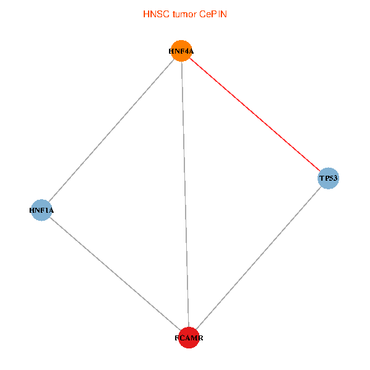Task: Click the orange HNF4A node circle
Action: pos(181,51)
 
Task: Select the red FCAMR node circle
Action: pos(189,337)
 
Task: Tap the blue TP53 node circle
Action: pos(328,179)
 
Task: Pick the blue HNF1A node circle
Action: pos(41,210)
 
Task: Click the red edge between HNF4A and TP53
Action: pos(255,115)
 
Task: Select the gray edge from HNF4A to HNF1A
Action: pos(111,130)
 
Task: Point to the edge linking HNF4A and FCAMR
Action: pos(185,194)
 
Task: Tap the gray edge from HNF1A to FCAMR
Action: pos(115,274)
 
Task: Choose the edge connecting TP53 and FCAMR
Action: pos(258,258)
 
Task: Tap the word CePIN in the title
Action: pos(213,14)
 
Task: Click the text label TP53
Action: pos(328,179)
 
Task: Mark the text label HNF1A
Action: pos(41,211)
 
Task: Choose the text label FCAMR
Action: pos(189,339)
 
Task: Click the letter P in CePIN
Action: pos(214,14)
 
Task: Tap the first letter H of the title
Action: pos(146,14)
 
